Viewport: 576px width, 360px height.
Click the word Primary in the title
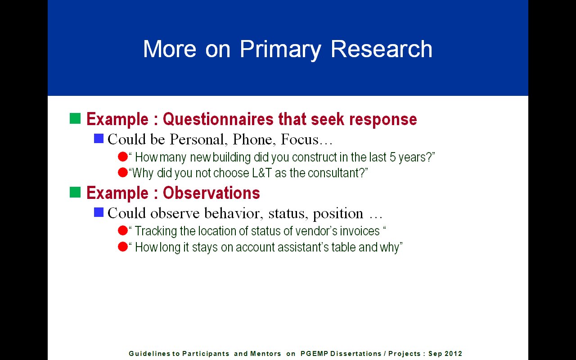(x=280, y=49)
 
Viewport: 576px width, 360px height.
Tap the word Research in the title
(x=382, y=49)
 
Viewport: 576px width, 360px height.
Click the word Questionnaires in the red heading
(x=218, y=119)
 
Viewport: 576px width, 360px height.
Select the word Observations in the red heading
(x=211, y=193)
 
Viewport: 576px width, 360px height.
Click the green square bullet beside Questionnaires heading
(x=75, y=118)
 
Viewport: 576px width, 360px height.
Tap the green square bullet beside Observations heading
(x=75, y=192)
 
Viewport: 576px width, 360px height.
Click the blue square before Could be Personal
(x=99, y=138)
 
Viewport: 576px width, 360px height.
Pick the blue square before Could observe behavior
(x=99, y=212)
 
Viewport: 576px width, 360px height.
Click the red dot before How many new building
(x=123, y=157)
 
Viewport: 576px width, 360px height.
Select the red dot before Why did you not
(x=123, y=172)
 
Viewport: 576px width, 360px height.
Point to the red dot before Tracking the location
(x=123, y=230)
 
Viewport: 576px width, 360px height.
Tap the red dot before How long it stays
(x=123, y=247)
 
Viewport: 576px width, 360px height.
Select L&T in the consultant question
(x=262, y=173)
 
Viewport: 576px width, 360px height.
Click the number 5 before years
(x=392, y=157)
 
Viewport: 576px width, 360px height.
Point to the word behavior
(x=234, y=213)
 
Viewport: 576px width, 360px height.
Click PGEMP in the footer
(x=314, y=354)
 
